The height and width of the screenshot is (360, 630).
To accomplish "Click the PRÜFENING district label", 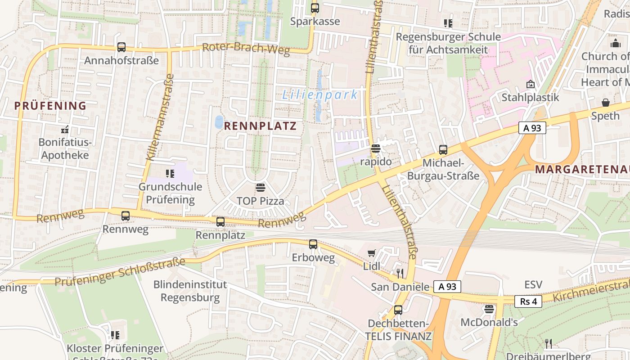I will coord(50,106).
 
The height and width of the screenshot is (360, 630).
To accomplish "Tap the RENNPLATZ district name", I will coord(261,126).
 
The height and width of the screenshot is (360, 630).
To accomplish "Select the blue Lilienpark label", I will coord(320,95).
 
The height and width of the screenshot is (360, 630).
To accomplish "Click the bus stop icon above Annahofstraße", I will coord(121,47).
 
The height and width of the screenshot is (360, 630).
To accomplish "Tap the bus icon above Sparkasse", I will coord(315,8).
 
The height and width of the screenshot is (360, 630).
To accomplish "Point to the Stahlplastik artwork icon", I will coord(531,84).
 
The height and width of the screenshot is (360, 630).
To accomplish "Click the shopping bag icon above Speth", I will coord(605,103).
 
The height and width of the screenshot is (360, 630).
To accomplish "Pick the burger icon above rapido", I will coord(376,148).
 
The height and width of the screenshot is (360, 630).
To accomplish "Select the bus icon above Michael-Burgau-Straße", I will coord(443,150).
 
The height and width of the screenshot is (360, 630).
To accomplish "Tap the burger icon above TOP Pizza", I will coord(260,187).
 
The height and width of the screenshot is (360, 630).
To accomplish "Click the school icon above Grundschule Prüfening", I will coord(170,173).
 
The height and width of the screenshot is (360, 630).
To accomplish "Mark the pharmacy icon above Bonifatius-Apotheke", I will coord(64,130).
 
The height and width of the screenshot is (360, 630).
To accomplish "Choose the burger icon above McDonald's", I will coord(489,309).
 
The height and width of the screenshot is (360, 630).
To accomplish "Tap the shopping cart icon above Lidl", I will coord(371,253).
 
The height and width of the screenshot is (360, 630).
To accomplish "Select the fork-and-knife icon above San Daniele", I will coord(400,273).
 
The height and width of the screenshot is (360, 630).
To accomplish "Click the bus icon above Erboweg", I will coord(313,244).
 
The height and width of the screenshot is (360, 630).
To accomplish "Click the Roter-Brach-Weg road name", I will coord(246,49).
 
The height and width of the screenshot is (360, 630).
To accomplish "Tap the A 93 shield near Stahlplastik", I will coord(532,128).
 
